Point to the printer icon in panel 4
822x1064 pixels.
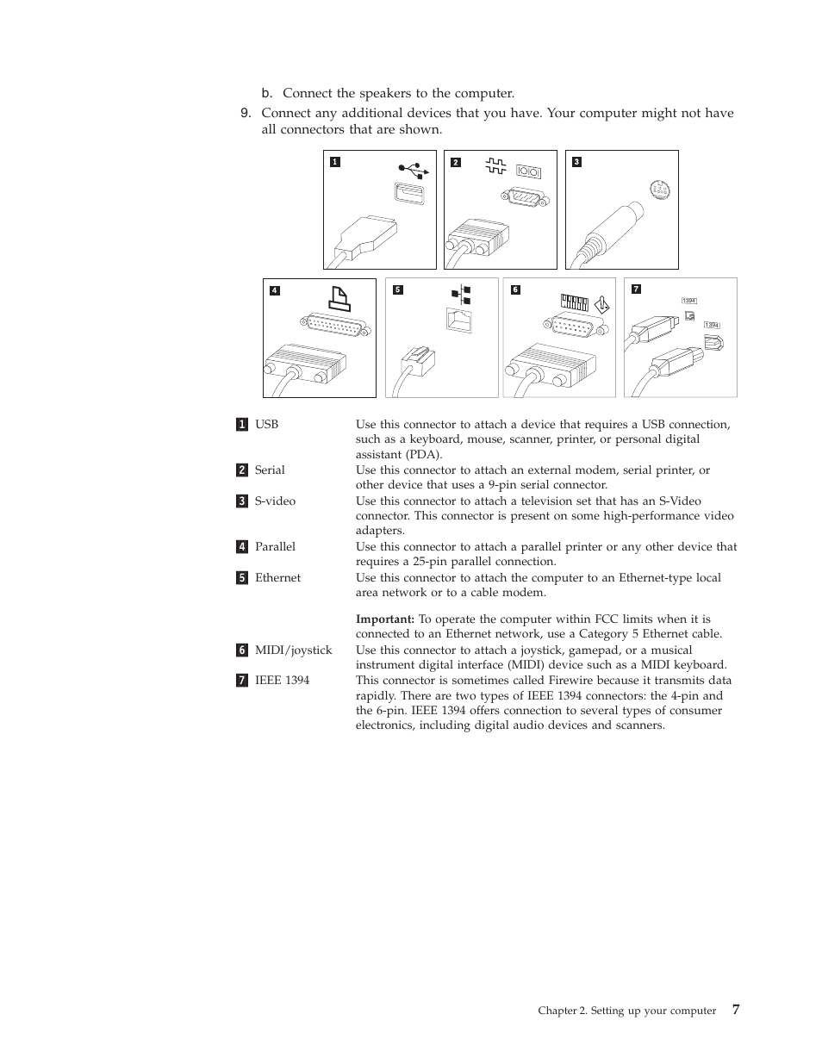339,298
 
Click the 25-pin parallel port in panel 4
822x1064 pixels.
337,326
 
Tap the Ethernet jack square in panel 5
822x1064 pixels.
459,319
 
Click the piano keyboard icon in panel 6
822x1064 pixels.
574,302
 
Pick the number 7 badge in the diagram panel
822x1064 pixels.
636,289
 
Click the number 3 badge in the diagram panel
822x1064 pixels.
576,162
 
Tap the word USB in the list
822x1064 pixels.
266,425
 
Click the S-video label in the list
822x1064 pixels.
275,501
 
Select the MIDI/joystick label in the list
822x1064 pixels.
293,650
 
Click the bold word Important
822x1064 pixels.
384,619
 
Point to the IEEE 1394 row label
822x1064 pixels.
282,681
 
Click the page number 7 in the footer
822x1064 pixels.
735,1010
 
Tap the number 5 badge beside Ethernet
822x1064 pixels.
242,578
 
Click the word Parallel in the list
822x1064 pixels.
275,547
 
